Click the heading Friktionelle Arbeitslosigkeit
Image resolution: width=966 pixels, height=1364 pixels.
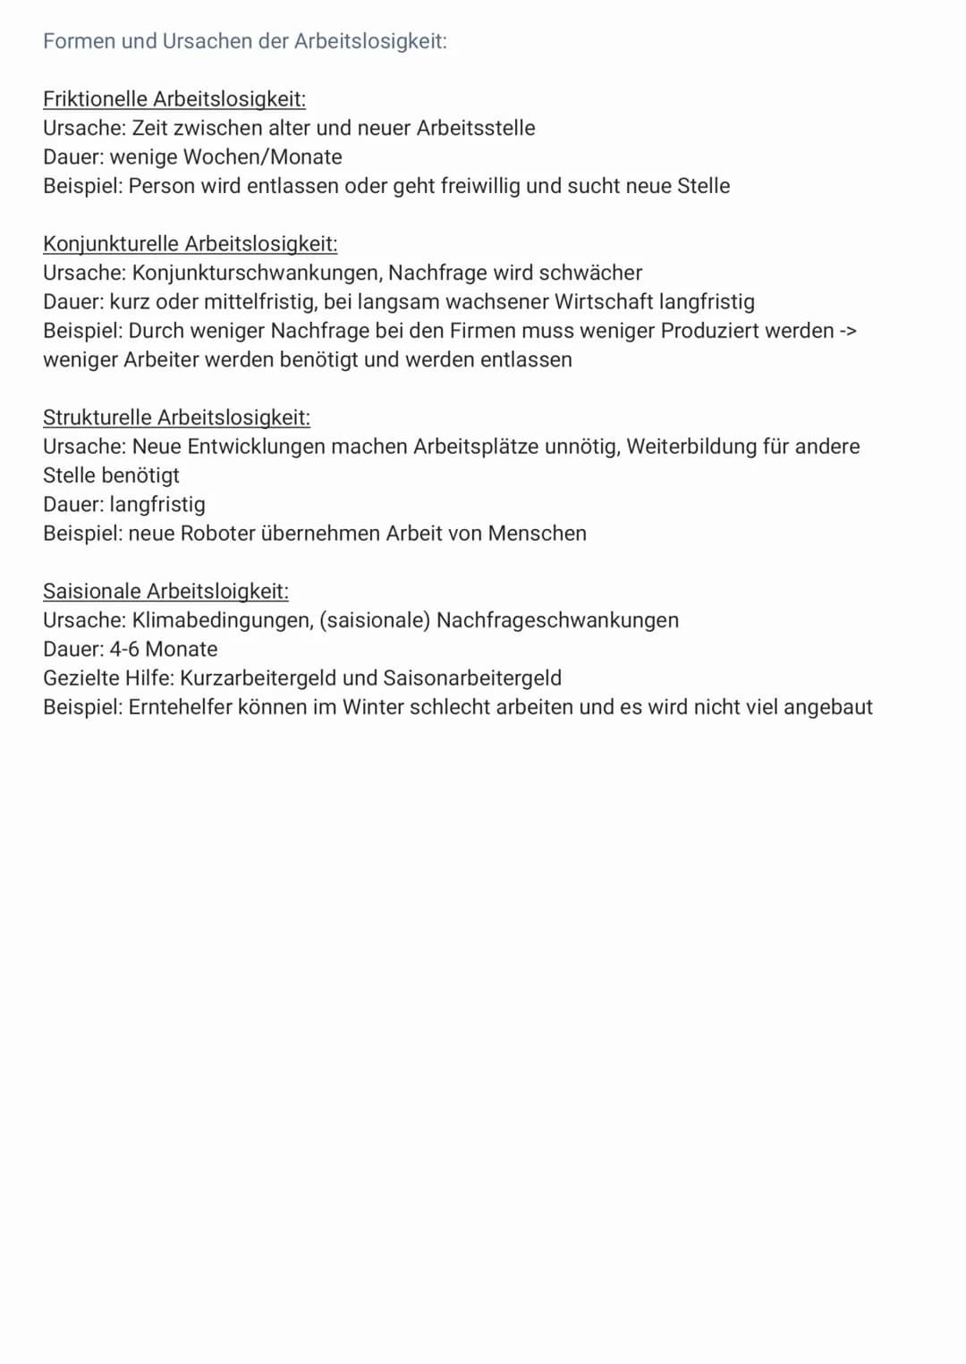(x=174, y=99)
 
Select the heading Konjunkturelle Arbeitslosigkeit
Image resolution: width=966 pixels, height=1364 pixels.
(x=190, y=244)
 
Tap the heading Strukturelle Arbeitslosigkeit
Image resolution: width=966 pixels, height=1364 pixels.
(x=176, y=417)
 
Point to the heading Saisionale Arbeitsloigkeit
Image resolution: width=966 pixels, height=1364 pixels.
(x=165, y=591)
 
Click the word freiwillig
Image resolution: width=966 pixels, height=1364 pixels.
(x=480, y=186)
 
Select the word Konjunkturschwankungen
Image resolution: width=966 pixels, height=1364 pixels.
(x=255, y=273)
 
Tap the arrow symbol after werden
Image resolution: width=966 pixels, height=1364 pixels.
(x=848, y=331)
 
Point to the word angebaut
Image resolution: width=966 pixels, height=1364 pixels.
(x=827, y=707)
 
